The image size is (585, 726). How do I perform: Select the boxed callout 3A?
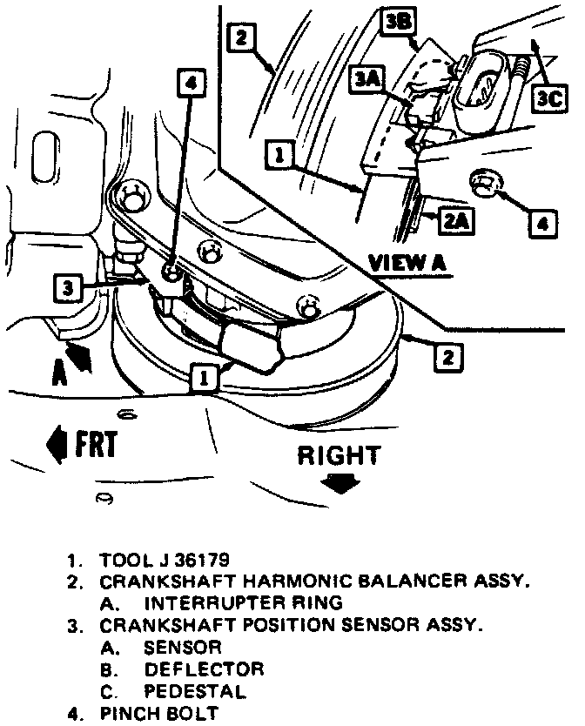click(x=366, y=80)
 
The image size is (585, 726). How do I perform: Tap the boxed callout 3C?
click(x=550, y=99)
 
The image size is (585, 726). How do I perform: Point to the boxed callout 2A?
click(x=457, y=221)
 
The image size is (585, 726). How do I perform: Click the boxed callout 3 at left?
click(x=68, y=288)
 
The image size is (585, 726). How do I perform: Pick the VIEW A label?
click(x=407, y=263)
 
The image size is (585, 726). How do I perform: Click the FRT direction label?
click(x=96, y=444)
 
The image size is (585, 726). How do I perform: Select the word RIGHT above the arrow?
click(x=339, y=455)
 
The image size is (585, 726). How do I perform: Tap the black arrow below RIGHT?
click(x=340, y=483)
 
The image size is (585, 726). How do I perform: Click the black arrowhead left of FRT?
click(x=54, y=444)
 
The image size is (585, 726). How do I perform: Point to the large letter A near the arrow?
click(x=59, y=373)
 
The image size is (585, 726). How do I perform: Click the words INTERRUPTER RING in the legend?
click(x=243, y=603)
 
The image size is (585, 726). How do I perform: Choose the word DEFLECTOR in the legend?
click(x=204, y=669)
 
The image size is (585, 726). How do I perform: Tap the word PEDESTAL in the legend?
click(x=194, y=692)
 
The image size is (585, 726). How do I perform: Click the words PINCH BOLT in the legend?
click(x=158, y=714)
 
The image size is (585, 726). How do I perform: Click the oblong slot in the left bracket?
click(x=44, y=157)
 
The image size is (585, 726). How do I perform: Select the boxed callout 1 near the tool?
click(x=204, y=377)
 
